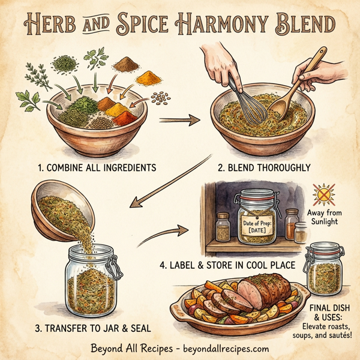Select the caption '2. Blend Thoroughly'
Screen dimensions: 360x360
point(265,167)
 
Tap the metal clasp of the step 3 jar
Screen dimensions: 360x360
point(113,267)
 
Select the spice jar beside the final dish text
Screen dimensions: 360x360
point(325,269)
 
